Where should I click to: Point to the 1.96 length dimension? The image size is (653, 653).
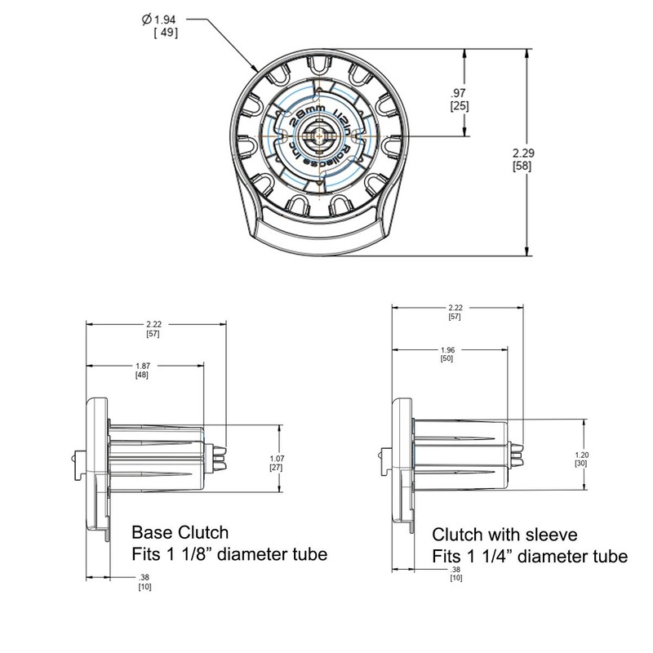[446, 349]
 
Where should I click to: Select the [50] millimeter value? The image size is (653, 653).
[446, 358]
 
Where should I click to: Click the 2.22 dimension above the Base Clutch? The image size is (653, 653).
[152, 325]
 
